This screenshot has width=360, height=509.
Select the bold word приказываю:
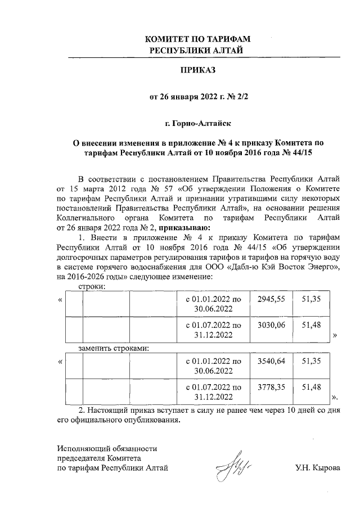pos(184,228)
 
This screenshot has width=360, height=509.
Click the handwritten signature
pos(233,463)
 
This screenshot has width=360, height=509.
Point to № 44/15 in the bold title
pos(308,152)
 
